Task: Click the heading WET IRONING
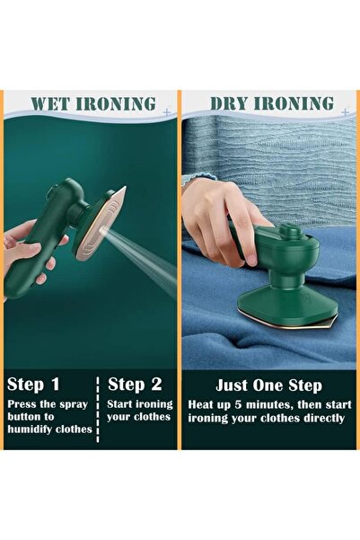(x=92, y=103)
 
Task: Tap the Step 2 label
(x=135, y=385)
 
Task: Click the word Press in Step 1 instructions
(x=23, y=403)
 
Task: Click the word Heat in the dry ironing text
(x=203, y=404)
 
